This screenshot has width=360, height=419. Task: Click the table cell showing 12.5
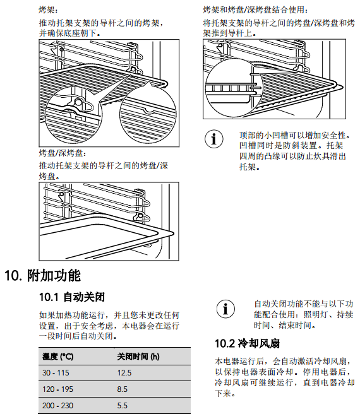tap(124, 373)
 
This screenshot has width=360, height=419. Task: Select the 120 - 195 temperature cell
tap(57, 389)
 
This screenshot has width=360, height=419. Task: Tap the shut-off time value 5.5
tap(122, 406)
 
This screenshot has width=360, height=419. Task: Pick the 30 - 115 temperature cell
tap(56, 373)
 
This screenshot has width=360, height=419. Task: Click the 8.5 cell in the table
tap(122, 389)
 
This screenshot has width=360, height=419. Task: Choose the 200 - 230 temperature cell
tap(57, 406)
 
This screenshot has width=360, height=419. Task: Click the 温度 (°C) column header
tap(57, 357)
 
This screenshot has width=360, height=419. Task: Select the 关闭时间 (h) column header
tap(138, 357)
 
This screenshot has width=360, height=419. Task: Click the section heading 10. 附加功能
tap(42, 275)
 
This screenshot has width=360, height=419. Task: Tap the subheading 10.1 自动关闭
tap(72, 297)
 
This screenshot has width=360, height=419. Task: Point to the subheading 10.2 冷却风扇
tap(247, 343)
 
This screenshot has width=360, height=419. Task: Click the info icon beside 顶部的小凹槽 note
tap(214, 139)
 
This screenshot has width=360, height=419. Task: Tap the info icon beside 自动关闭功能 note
tap(225, 309)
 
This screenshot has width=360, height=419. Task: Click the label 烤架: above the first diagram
tap(48, 10)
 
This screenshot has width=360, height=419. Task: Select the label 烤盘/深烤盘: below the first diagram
tap(63, 153)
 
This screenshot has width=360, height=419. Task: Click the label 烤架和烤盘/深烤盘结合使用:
tap(255, 10)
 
